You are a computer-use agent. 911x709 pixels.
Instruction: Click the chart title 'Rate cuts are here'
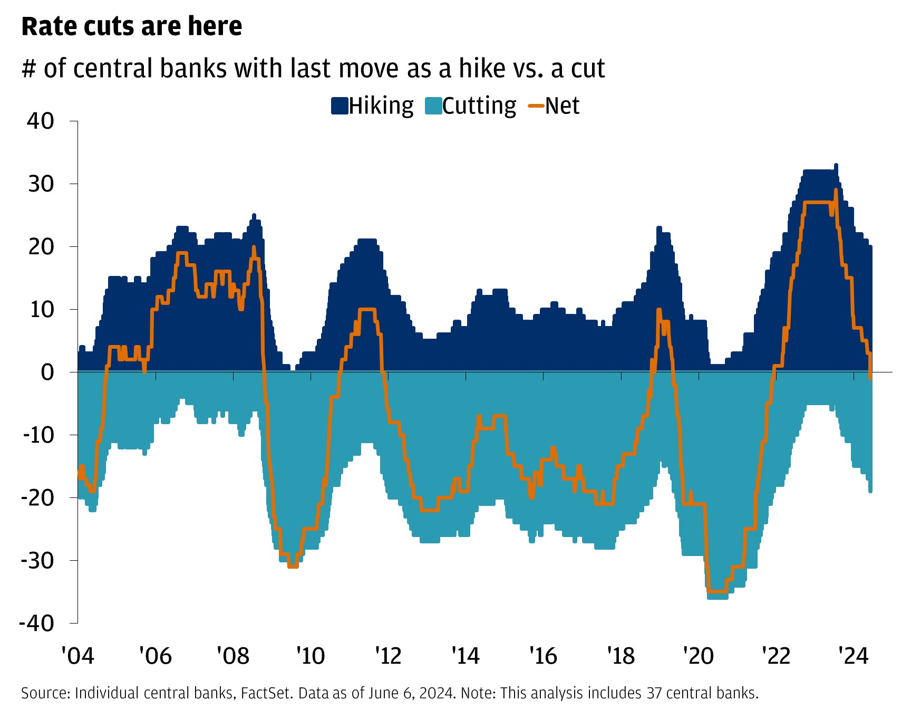[x=132, y=26]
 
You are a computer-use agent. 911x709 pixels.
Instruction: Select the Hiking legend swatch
[x=340, y=106]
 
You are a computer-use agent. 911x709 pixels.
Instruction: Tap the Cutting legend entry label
[x=479, y=106]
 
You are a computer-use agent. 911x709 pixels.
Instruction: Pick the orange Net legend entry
[x=554, y=106]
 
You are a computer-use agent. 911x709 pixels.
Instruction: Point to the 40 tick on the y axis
[x=41, y=121]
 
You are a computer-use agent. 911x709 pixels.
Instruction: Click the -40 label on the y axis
[x=37, y=623]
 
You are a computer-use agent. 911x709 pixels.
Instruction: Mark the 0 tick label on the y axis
[x=47, y=372]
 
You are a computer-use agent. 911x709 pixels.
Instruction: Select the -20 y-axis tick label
[x=37, y=497]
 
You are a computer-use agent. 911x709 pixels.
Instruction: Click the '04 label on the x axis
[x=77, y=656]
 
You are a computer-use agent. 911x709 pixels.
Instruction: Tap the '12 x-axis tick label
[x=388, y=656]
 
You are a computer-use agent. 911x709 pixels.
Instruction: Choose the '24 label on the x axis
[x=854, y=656]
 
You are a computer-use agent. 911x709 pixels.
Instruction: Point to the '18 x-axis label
[x=621, y=656]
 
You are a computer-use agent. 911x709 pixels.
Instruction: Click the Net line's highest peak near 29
[x=836, y=190]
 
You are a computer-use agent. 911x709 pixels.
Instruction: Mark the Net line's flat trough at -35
[x=717, y=592]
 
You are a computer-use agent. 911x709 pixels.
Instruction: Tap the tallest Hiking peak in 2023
[x=836, y=166]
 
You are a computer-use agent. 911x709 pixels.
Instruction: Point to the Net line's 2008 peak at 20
[x=254, y=247]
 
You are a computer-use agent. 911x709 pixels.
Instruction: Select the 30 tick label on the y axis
[x=41, y=184]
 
